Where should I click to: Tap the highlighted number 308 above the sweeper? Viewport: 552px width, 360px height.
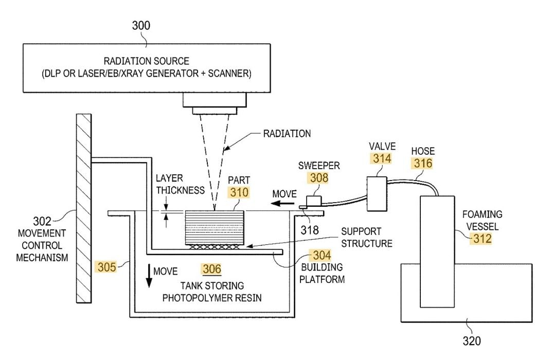pos(318,178)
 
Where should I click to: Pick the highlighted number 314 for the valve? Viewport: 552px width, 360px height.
pos(381,158)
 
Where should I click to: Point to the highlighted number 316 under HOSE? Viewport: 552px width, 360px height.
pos(422,164)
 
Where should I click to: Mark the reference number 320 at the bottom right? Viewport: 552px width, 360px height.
pos(472,340)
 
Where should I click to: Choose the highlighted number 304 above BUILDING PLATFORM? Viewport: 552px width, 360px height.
pos(320,255)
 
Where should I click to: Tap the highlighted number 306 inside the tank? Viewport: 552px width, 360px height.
pos(212,269)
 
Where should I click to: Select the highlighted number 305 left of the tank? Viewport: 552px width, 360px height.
pos(105,266)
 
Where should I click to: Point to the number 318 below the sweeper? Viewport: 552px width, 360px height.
pos(309,230)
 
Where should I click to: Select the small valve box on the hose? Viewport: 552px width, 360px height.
pos(377,193)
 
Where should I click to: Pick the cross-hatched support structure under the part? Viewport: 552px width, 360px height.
pos(212,247)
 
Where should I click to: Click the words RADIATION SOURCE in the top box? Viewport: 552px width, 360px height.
pos(147,61)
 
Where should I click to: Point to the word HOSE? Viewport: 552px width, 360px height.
pos(423,151)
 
